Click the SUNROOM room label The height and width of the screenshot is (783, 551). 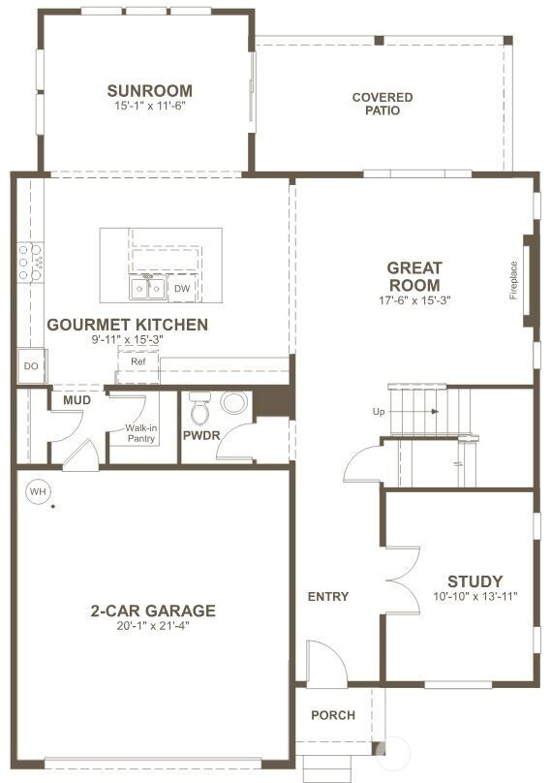(x=149, y=92)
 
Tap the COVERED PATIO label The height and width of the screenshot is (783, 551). (x=382, y=104)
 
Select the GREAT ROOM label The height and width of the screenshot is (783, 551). (x=414, y=276)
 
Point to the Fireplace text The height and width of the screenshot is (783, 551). (x=513, y=280)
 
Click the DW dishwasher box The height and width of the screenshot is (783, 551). (x=182, y=288)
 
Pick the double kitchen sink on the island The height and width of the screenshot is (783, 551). (x=148, y=288)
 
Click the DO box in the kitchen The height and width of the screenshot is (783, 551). (x=29, y=366)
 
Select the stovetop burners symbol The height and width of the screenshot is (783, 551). (x=29, y=262)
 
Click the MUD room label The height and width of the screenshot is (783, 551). (x=77, y=400)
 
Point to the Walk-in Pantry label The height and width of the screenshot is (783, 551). (x=141, y=432)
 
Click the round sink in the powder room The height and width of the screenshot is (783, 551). (x=234, y=402)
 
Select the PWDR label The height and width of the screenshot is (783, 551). (x=202, y=435)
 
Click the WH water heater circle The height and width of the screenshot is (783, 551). (x=38, y=491)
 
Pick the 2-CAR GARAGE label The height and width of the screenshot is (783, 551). (x=153, y=611)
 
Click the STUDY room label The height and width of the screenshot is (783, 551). (x=474, y=581)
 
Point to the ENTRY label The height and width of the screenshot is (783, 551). (x=327, y=596)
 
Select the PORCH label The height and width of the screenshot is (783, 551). (x=332, y=715)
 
